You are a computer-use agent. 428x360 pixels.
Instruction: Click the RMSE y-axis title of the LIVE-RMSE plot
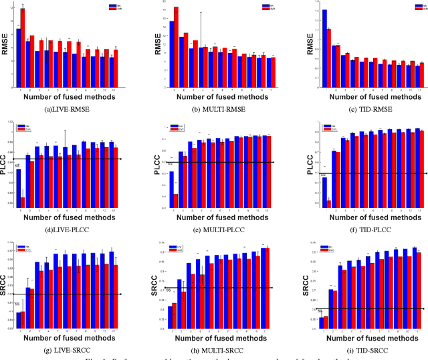[5, 46]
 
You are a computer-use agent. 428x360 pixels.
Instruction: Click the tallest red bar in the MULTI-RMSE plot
[176, 48]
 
